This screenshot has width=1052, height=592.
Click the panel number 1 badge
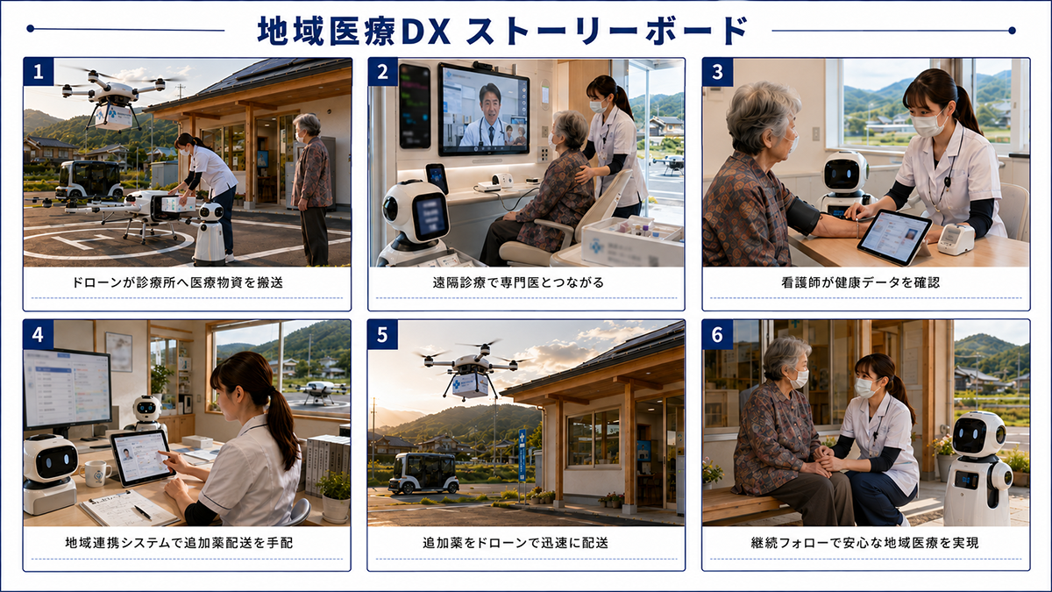39,72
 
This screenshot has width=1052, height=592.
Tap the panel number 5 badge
383,334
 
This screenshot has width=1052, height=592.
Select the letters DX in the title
426,32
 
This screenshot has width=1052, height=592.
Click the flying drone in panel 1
114,98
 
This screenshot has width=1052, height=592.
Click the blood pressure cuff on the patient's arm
804,215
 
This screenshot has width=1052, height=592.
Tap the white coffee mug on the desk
96,473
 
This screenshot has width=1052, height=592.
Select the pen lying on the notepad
142,511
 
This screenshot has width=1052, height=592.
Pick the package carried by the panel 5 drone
470,384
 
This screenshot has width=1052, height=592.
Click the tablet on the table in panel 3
895,236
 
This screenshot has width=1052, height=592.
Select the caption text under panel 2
518,282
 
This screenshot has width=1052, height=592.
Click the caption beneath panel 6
865,543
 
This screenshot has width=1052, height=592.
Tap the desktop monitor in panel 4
68,389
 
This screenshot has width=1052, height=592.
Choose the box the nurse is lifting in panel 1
179,203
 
